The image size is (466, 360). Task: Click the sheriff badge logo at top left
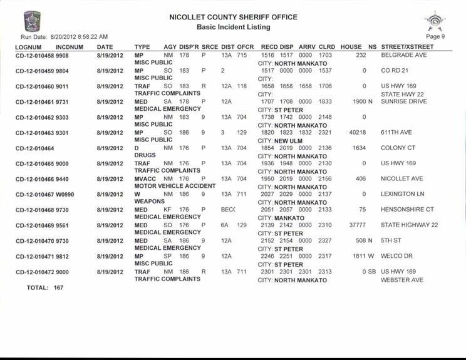click(x=31, y=21)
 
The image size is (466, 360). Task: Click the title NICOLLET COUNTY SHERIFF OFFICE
click(x=233, y=18)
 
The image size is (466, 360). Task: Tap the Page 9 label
click(x=435, y=36)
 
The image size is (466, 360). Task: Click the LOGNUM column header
click(x=28, y=47)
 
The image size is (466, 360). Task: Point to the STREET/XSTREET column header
click(x=407, y=47)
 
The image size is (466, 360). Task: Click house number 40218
click(x=356, y=133)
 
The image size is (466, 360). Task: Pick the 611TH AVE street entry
click(x=397, y=133)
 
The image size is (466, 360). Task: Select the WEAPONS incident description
click(x=149, y=201)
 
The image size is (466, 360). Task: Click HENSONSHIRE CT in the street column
click(x=407, y=209)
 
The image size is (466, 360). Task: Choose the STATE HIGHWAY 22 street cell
click(x=409, y=225)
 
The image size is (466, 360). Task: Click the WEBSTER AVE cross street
click(x=402, y=280)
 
